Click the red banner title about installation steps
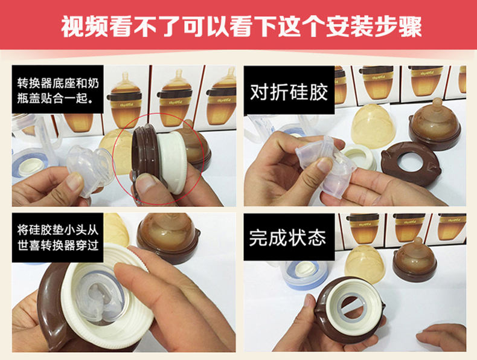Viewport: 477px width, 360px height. (242, 26)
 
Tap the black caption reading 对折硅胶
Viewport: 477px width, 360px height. (289, 90)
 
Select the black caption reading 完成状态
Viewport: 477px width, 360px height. (289, 237)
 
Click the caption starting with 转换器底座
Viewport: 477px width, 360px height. (58, 89)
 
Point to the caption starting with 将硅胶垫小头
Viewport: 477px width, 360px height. (58, 237)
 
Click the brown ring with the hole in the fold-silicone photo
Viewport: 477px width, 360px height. (411, 164)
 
